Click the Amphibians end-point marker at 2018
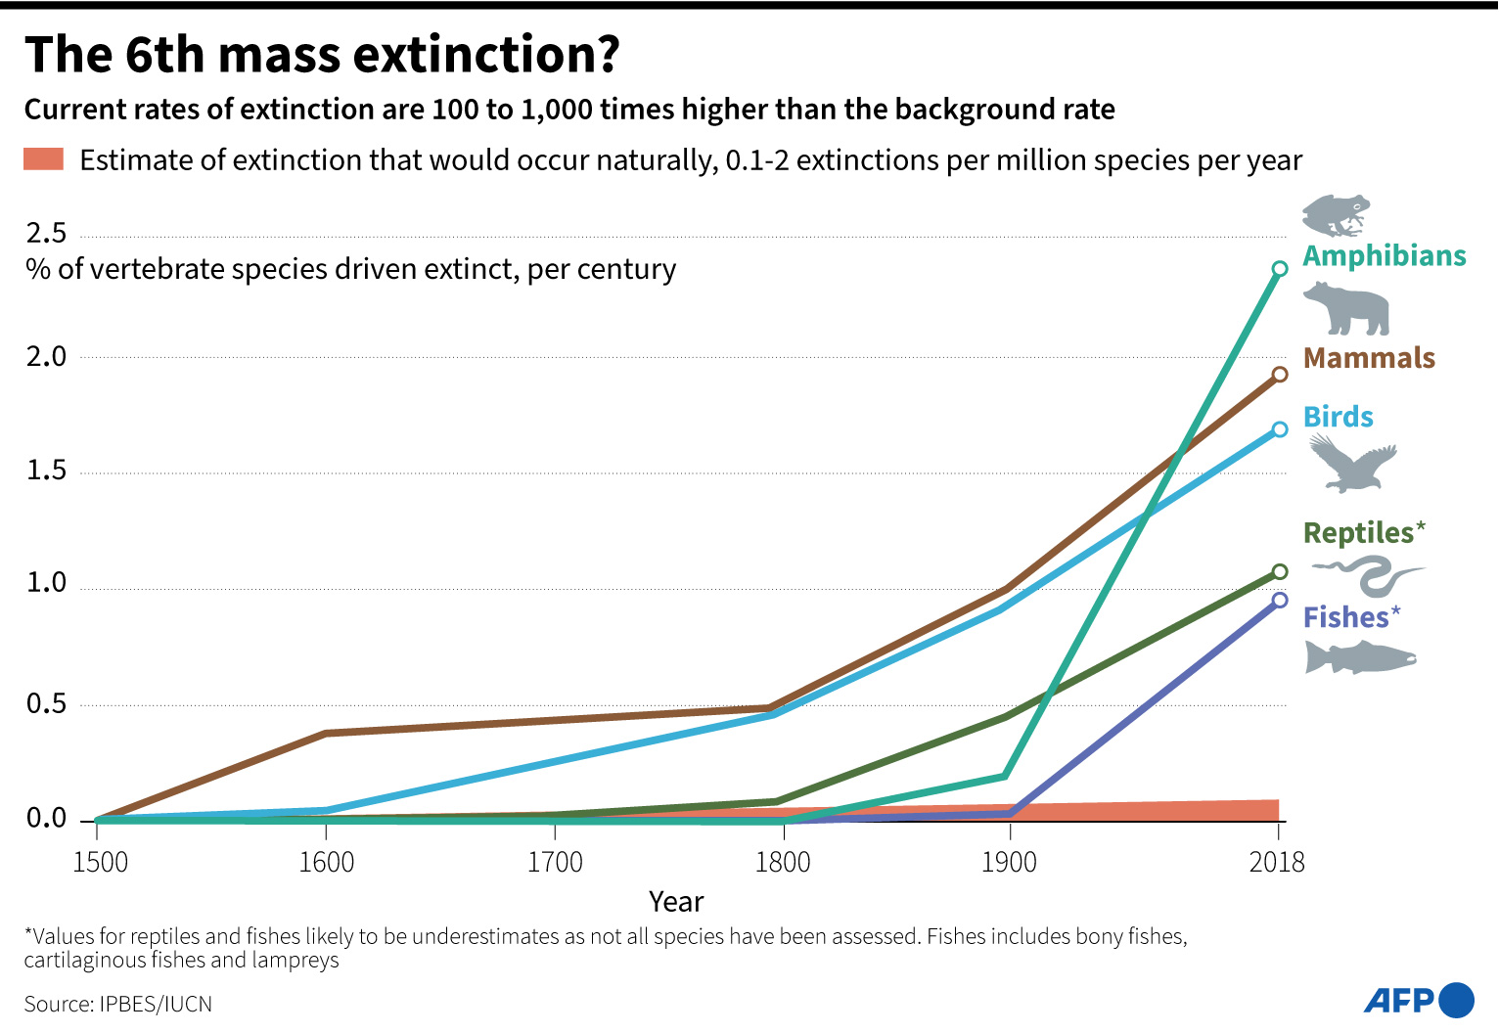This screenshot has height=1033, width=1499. [1279, 269]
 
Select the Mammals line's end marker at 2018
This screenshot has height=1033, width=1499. [1279, 375]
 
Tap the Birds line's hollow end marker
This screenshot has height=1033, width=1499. [1279, 429]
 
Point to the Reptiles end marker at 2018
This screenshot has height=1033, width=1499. [1279, 571]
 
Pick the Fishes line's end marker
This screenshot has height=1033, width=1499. [1279, 600]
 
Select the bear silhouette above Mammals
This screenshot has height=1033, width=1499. [1346, 309]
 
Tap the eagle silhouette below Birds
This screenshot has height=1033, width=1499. [1352, 463]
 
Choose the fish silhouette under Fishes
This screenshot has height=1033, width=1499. [1360, 657]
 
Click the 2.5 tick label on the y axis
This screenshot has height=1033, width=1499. [46, 233]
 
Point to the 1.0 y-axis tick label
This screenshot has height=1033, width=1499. [46, 583]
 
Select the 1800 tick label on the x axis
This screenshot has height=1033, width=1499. [783, 862]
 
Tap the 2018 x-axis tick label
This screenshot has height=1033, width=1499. [1277, 862]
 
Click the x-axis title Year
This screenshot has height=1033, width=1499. [676, 902]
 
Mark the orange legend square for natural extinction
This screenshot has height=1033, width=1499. [44, 159]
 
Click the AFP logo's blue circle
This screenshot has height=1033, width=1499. [1457, 1000]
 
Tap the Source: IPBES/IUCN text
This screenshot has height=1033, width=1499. [117, 1005]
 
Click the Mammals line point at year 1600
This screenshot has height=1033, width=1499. [326, 733]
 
